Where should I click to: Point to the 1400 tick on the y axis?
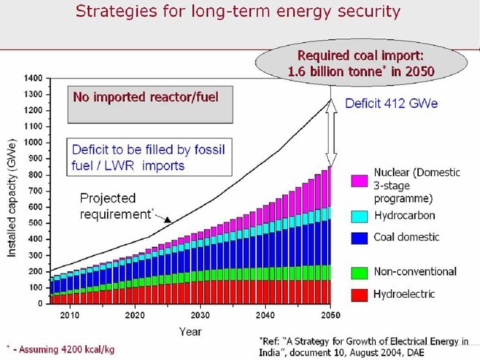coord(32,78)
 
